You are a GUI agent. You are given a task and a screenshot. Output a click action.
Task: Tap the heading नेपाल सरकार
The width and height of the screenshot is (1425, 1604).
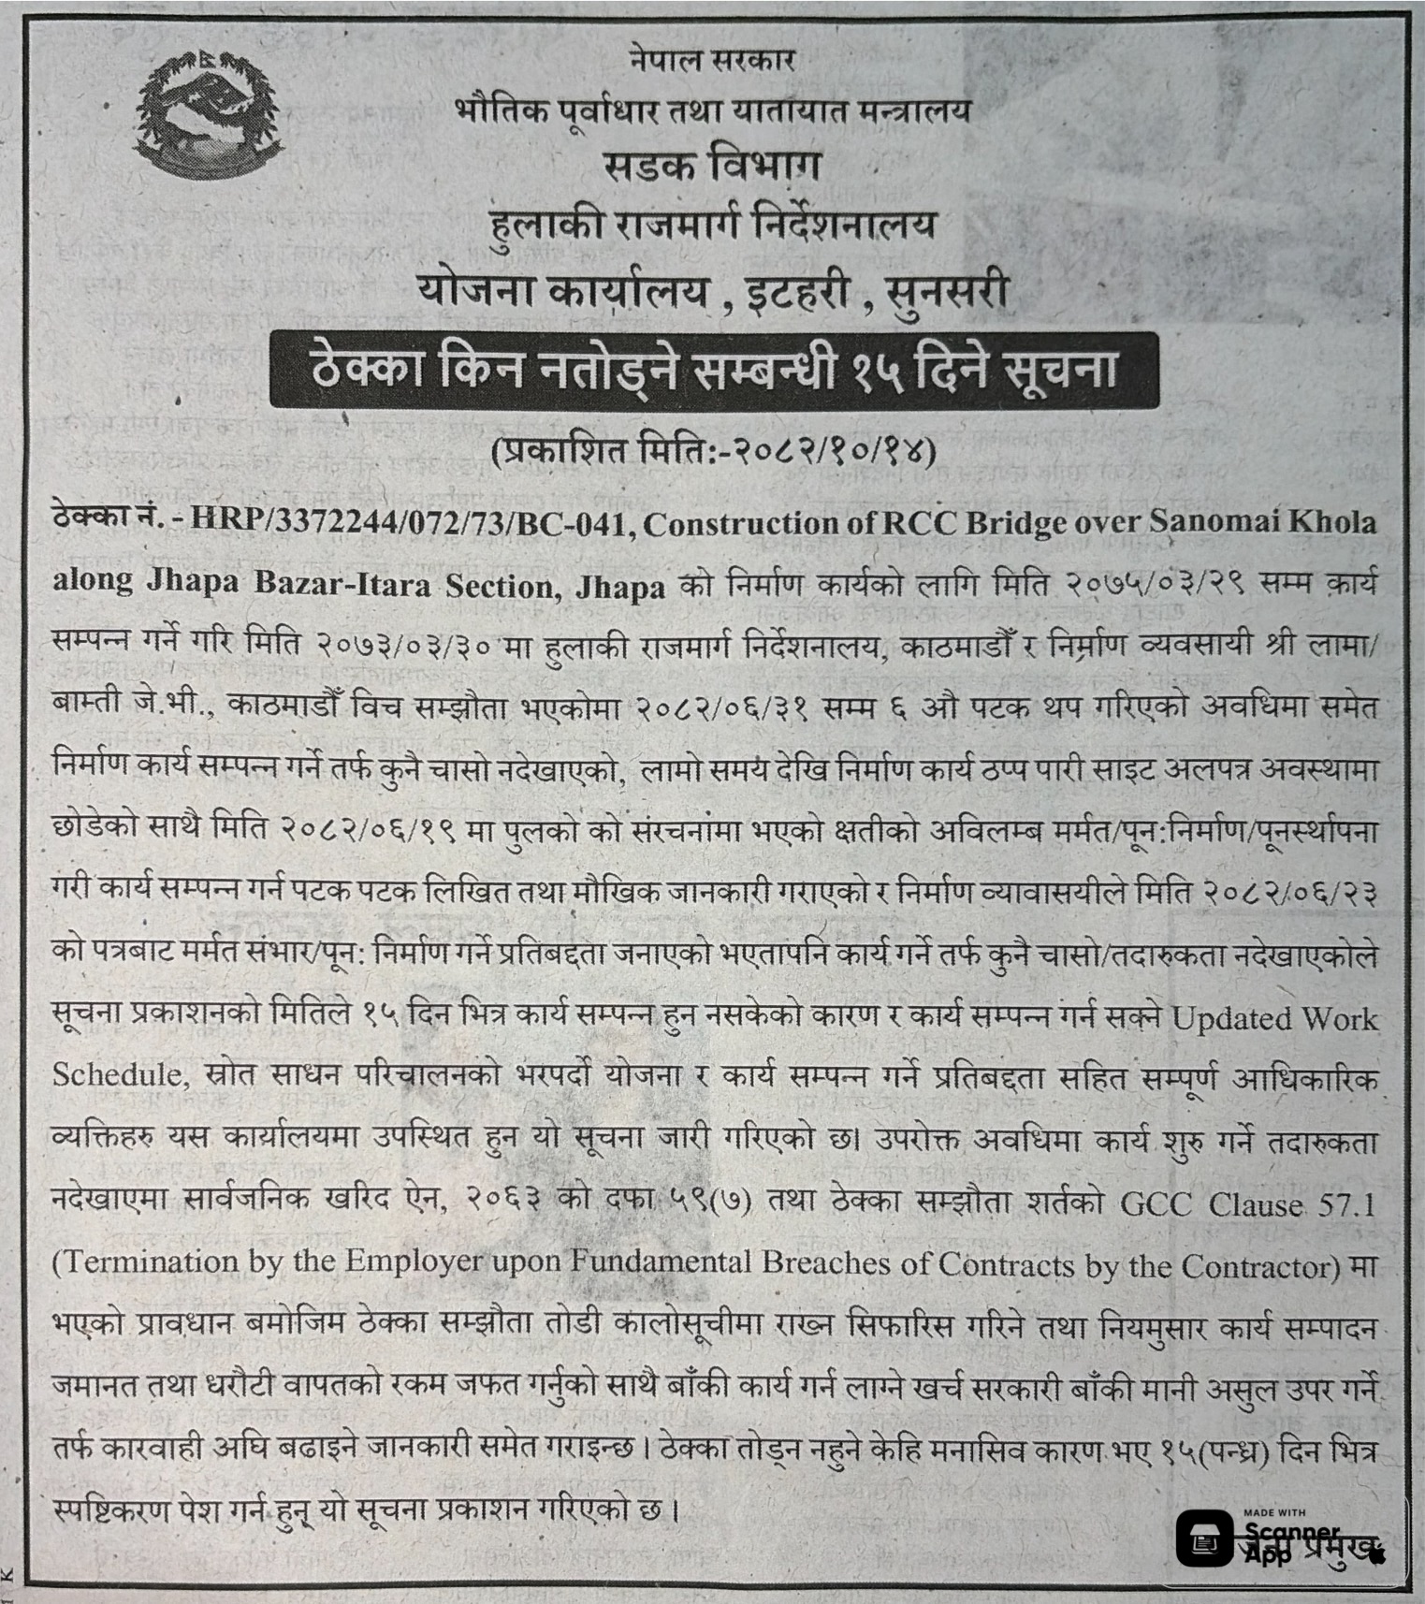(x=712, y=62)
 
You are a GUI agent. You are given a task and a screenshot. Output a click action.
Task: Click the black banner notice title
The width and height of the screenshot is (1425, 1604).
(x=713, y=372)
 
